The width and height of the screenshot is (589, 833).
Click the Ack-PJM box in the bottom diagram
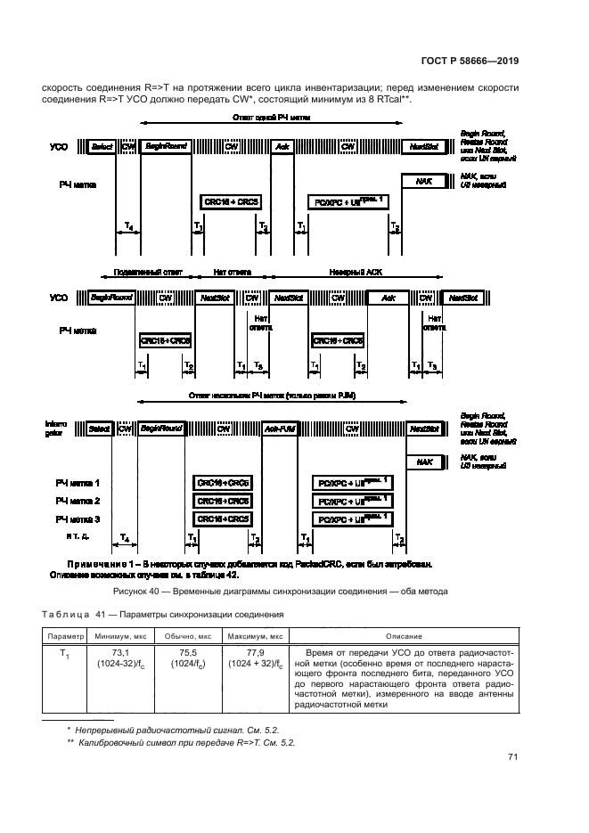281,429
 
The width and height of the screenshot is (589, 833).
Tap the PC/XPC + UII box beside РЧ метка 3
351,519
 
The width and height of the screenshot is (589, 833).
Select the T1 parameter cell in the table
63,654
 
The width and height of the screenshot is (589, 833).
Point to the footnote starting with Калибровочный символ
186,742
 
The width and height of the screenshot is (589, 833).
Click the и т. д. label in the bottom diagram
78,537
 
